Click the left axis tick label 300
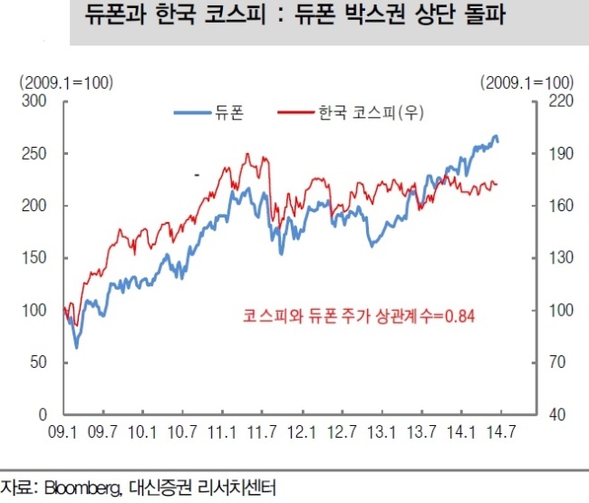click(34, 101)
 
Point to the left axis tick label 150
click(34, 258)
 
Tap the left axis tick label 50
click(38, 363)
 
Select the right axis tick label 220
click(561, 101)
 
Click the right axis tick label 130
click(561, 258)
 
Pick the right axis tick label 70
click(557, 363)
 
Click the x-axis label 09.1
click(63, 432)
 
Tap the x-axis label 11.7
click(262, 432)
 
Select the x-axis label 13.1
click(381, 432)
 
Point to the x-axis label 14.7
click(501, 432)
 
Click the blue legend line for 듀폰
click(192, 112)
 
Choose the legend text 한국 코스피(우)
click(372, 112)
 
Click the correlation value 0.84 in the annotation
click(459, 316)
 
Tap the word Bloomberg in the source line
click(82, 488)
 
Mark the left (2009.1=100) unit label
click(66, 83)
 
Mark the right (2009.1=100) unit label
click(527, 83)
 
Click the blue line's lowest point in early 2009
click(77, 348)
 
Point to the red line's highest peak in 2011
click(247, 153)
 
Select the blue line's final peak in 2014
click(496, 136)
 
